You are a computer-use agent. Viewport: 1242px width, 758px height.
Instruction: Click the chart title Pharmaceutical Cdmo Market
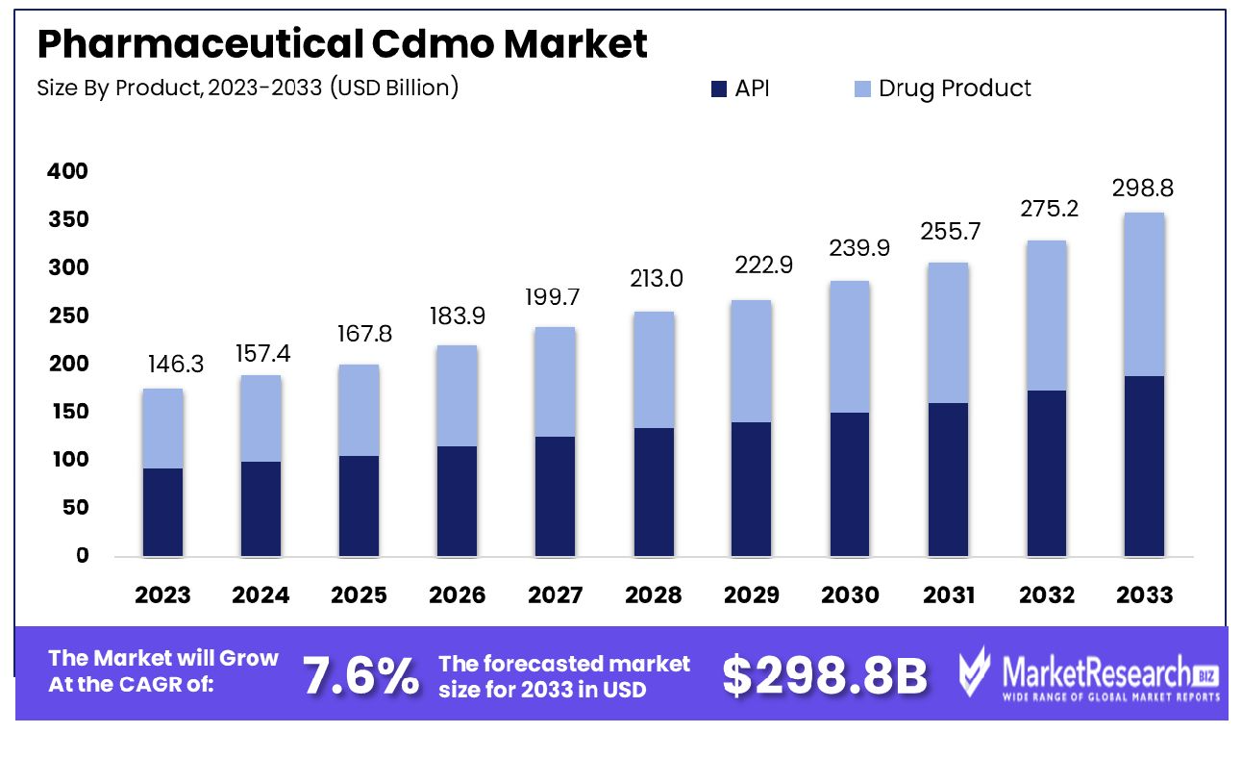(342, 44)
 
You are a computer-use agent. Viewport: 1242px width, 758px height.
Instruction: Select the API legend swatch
(719, 89)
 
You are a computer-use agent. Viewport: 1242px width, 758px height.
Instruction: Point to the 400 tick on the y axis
(67, 171)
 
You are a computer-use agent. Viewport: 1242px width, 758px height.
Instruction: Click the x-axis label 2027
(555, 595)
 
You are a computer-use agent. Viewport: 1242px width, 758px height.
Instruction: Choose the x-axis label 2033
(1144, 595)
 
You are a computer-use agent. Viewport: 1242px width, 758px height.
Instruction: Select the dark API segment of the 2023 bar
(162, 512)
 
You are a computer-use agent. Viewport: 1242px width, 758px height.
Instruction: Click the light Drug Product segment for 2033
(1144, 294)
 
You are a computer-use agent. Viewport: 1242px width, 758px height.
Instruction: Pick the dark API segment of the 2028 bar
(654, 492)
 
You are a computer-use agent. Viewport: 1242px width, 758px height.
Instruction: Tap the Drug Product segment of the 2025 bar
(359, 410)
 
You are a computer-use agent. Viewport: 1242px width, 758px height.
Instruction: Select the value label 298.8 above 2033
(1144, 189)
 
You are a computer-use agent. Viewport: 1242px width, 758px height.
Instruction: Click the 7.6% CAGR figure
(361, 675)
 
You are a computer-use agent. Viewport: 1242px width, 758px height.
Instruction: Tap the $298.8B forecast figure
(825, 676)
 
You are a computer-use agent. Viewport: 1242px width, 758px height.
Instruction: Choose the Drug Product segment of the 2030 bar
(850, 346)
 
